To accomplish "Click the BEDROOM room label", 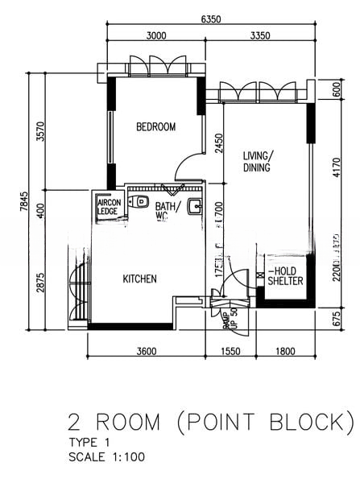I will pos(155,126).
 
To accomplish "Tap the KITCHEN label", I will pos(139,279).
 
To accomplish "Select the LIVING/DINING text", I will pos(259,162).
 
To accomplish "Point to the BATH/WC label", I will pos(166,211).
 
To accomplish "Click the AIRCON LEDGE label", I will pos(108,208).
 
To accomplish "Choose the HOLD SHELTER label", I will pos(285,276).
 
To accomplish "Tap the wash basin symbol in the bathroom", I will pos(194,207).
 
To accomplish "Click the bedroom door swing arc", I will pos(186,167).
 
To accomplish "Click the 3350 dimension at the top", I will pos(260,35).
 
